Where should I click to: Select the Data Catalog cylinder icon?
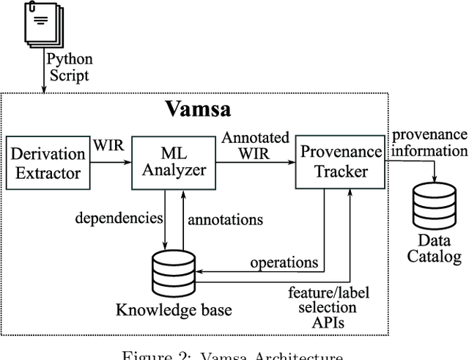pos(434,207)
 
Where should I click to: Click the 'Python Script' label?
pos(69,67)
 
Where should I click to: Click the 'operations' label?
pos(284,262)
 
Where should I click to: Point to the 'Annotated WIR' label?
pos(256,146)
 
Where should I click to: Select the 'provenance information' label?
pos(429,143)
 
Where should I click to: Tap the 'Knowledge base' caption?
pos(173,310)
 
